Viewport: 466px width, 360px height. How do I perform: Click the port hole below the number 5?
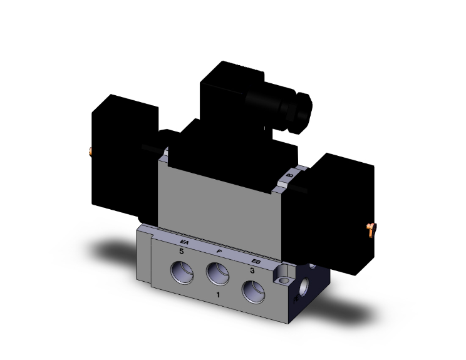coord(182,273)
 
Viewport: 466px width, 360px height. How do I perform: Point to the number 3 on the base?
coord(251,270)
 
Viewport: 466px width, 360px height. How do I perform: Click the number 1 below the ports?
coord(217,294)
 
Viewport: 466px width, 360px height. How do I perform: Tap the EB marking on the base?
coord(255,261)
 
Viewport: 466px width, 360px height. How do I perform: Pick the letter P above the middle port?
coord(219,251)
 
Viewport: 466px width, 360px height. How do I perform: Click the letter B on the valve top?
coord(289,177)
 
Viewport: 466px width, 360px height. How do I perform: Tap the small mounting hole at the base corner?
coord(281,275)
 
